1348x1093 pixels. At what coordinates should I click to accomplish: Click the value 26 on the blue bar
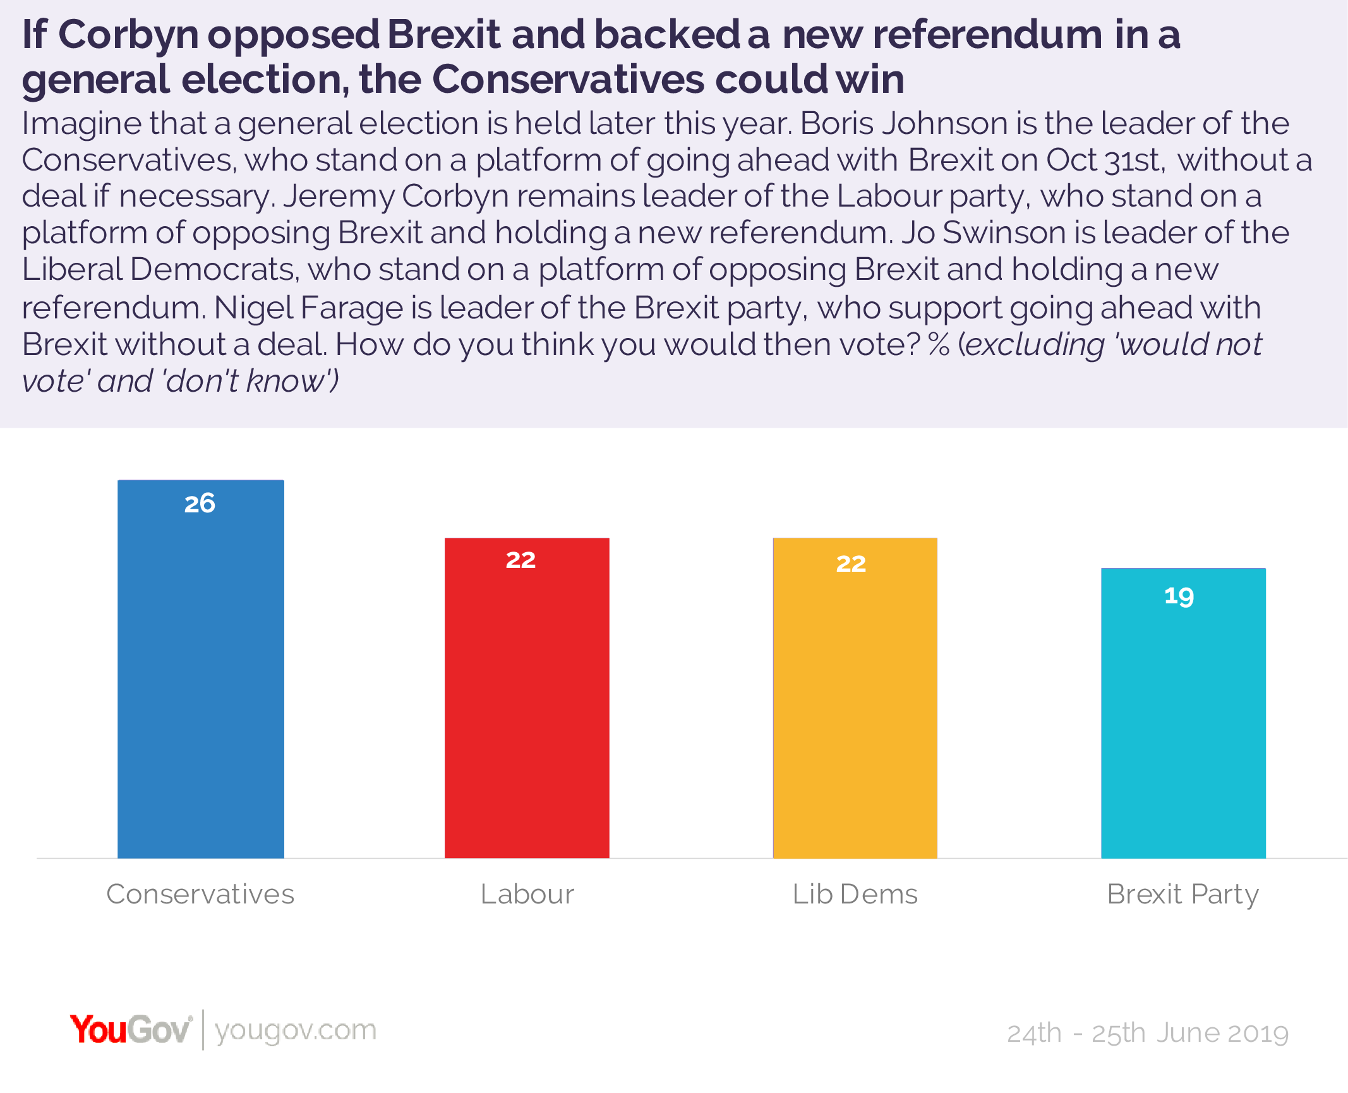(200, 504)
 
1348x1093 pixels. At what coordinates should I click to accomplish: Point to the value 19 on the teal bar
(1179, 596)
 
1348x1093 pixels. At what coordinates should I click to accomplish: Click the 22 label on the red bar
(521, 560)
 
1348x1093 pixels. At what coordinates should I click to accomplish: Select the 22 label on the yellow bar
(851, 564)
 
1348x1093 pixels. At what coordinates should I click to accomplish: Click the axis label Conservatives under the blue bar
(200, 895)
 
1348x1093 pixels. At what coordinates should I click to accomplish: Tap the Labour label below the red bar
(527, 895)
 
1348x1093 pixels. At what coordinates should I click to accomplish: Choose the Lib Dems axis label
(855, 895)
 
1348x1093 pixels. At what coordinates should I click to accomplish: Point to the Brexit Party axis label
(1183, 895)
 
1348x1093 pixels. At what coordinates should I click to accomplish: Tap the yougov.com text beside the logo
(295, 1030)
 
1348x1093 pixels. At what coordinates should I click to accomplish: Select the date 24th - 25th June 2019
(1147, 1034)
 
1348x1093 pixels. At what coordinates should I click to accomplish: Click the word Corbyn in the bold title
(129, 35)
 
